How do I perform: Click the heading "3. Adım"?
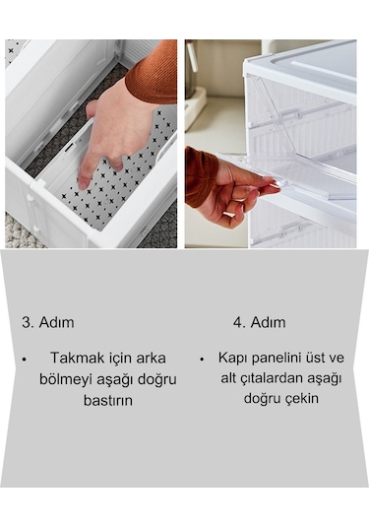point(47,322)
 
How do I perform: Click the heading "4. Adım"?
point(259,322)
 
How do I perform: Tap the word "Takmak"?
point(76,359)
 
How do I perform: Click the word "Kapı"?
point(235,357)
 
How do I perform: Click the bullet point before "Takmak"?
point(24,360)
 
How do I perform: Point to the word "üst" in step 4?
point(326,357)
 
